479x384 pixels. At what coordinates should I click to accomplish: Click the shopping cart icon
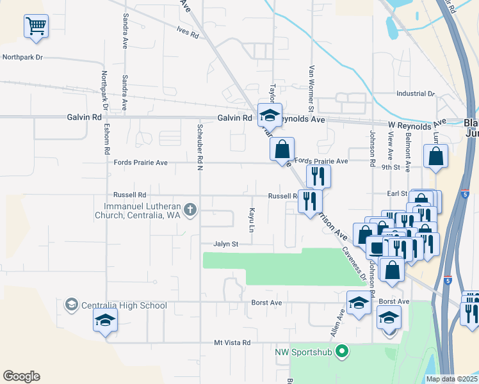37,26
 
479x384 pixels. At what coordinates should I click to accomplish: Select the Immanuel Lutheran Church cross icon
190,209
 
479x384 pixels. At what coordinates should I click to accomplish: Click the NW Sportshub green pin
342,351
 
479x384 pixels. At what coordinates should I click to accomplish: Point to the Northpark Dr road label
22,57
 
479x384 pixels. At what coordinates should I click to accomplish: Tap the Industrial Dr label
415,93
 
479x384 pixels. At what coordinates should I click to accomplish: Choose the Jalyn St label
226,244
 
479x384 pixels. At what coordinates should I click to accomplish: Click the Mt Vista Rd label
232,343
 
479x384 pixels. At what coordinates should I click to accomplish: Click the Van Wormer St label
312,84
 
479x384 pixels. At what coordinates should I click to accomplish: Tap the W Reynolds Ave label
417,124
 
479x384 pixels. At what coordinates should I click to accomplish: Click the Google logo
21,376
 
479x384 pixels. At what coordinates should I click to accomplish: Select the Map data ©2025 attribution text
451,379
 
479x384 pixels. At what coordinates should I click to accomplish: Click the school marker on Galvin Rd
270,115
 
